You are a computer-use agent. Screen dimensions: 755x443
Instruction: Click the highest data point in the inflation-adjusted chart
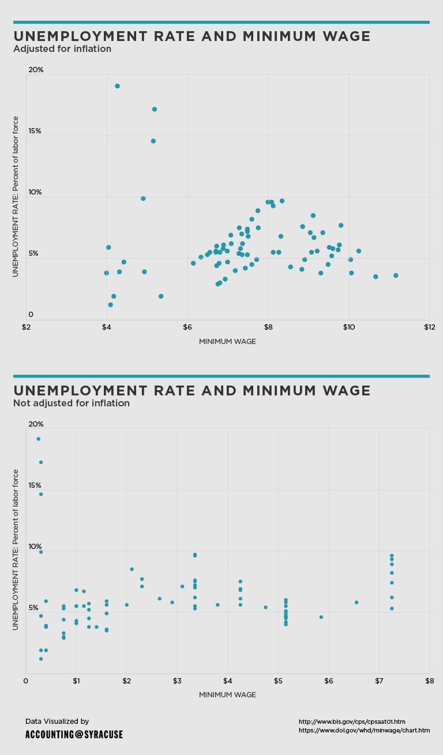coord(117,86)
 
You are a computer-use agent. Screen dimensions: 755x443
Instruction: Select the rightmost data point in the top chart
coord(396,275)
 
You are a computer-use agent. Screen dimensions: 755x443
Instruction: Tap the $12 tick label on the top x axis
coord(429,328)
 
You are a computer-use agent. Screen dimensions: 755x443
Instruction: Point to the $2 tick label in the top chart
coord(26,328)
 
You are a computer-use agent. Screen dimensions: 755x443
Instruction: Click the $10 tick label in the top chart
coord(348,328)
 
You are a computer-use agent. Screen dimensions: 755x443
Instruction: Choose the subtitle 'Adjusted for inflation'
coord(62,49)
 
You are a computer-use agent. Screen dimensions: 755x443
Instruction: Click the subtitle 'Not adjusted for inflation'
coord(72,403)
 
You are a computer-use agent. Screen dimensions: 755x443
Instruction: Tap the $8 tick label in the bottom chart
coord(429,682)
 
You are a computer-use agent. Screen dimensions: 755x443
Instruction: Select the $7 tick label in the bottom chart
coord(378,682)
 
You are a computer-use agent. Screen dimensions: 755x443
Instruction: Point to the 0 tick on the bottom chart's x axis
coord(26,682)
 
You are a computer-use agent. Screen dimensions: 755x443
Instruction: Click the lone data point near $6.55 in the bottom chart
coord(356,603)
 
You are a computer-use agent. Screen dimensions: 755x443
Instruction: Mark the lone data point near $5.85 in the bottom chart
coord(321,617)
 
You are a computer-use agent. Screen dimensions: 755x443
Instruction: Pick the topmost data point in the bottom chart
coord(39,439)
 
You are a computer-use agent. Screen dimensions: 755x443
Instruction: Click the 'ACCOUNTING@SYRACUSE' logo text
coord(74,735)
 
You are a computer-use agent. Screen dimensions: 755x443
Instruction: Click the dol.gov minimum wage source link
coord(364,730)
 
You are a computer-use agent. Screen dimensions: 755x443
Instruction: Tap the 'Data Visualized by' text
coord(57,722)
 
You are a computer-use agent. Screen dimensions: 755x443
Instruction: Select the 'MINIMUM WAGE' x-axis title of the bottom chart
coord(227,695)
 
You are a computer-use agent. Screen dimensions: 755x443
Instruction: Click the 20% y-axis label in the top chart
coord(36,70)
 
